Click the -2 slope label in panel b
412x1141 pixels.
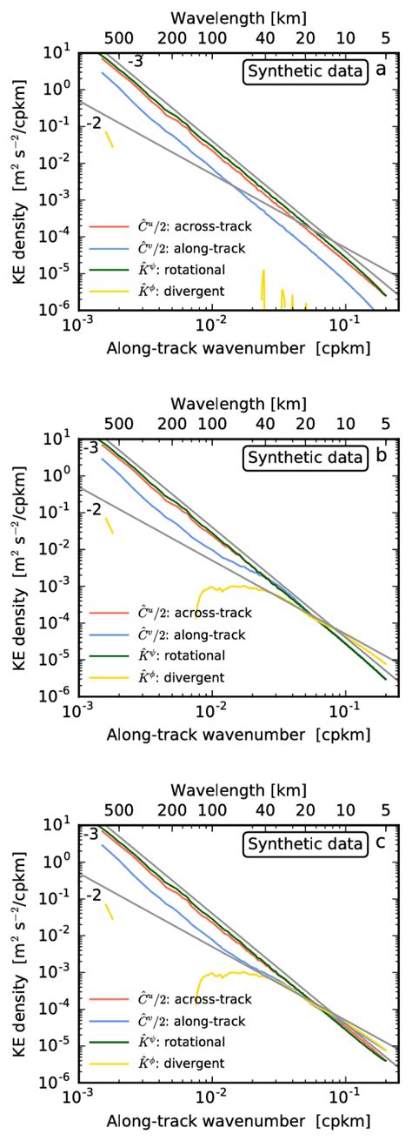point(95,507)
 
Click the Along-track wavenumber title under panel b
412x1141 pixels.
point(236,734)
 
